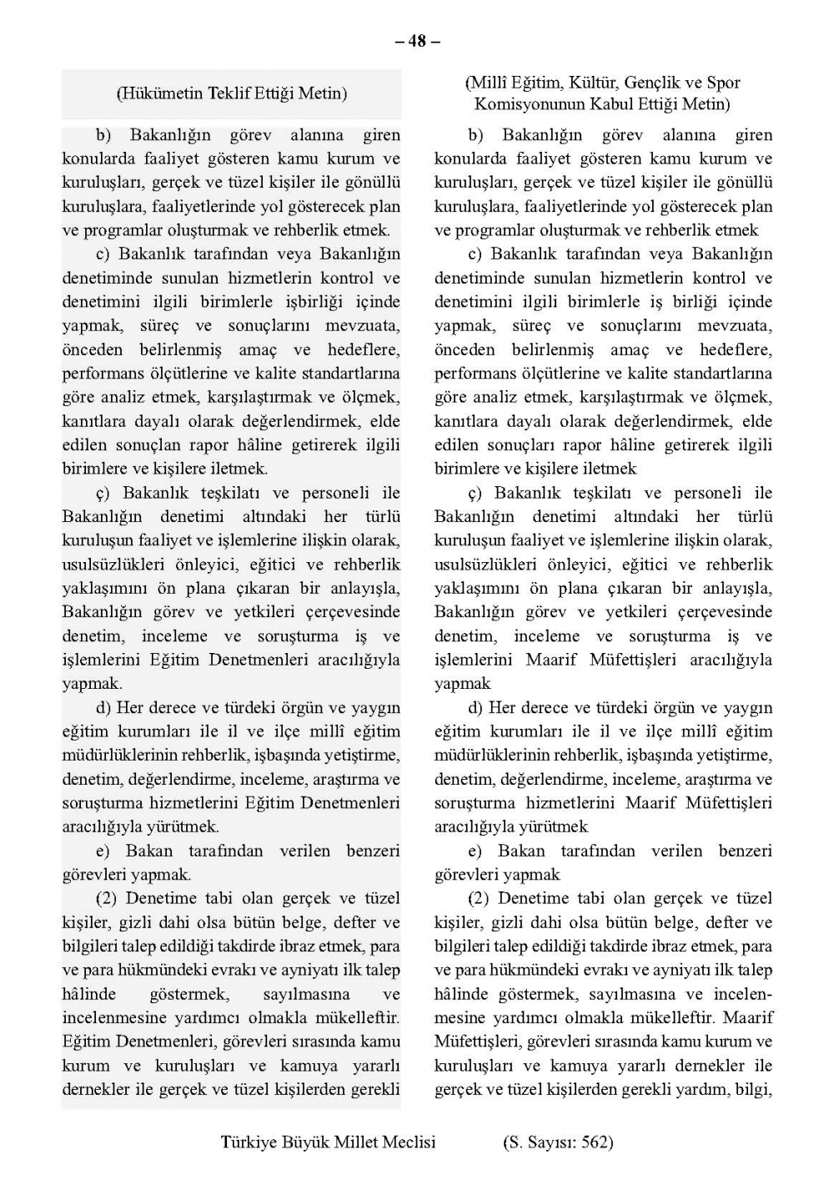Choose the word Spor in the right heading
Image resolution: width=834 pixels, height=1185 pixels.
click(723, 83)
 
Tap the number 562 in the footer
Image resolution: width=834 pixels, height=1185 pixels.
click(593, 1142)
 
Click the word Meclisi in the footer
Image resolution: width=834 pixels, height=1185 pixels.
click(408, 1142)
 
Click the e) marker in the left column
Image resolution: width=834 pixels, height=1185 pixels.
click(103, 851)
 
